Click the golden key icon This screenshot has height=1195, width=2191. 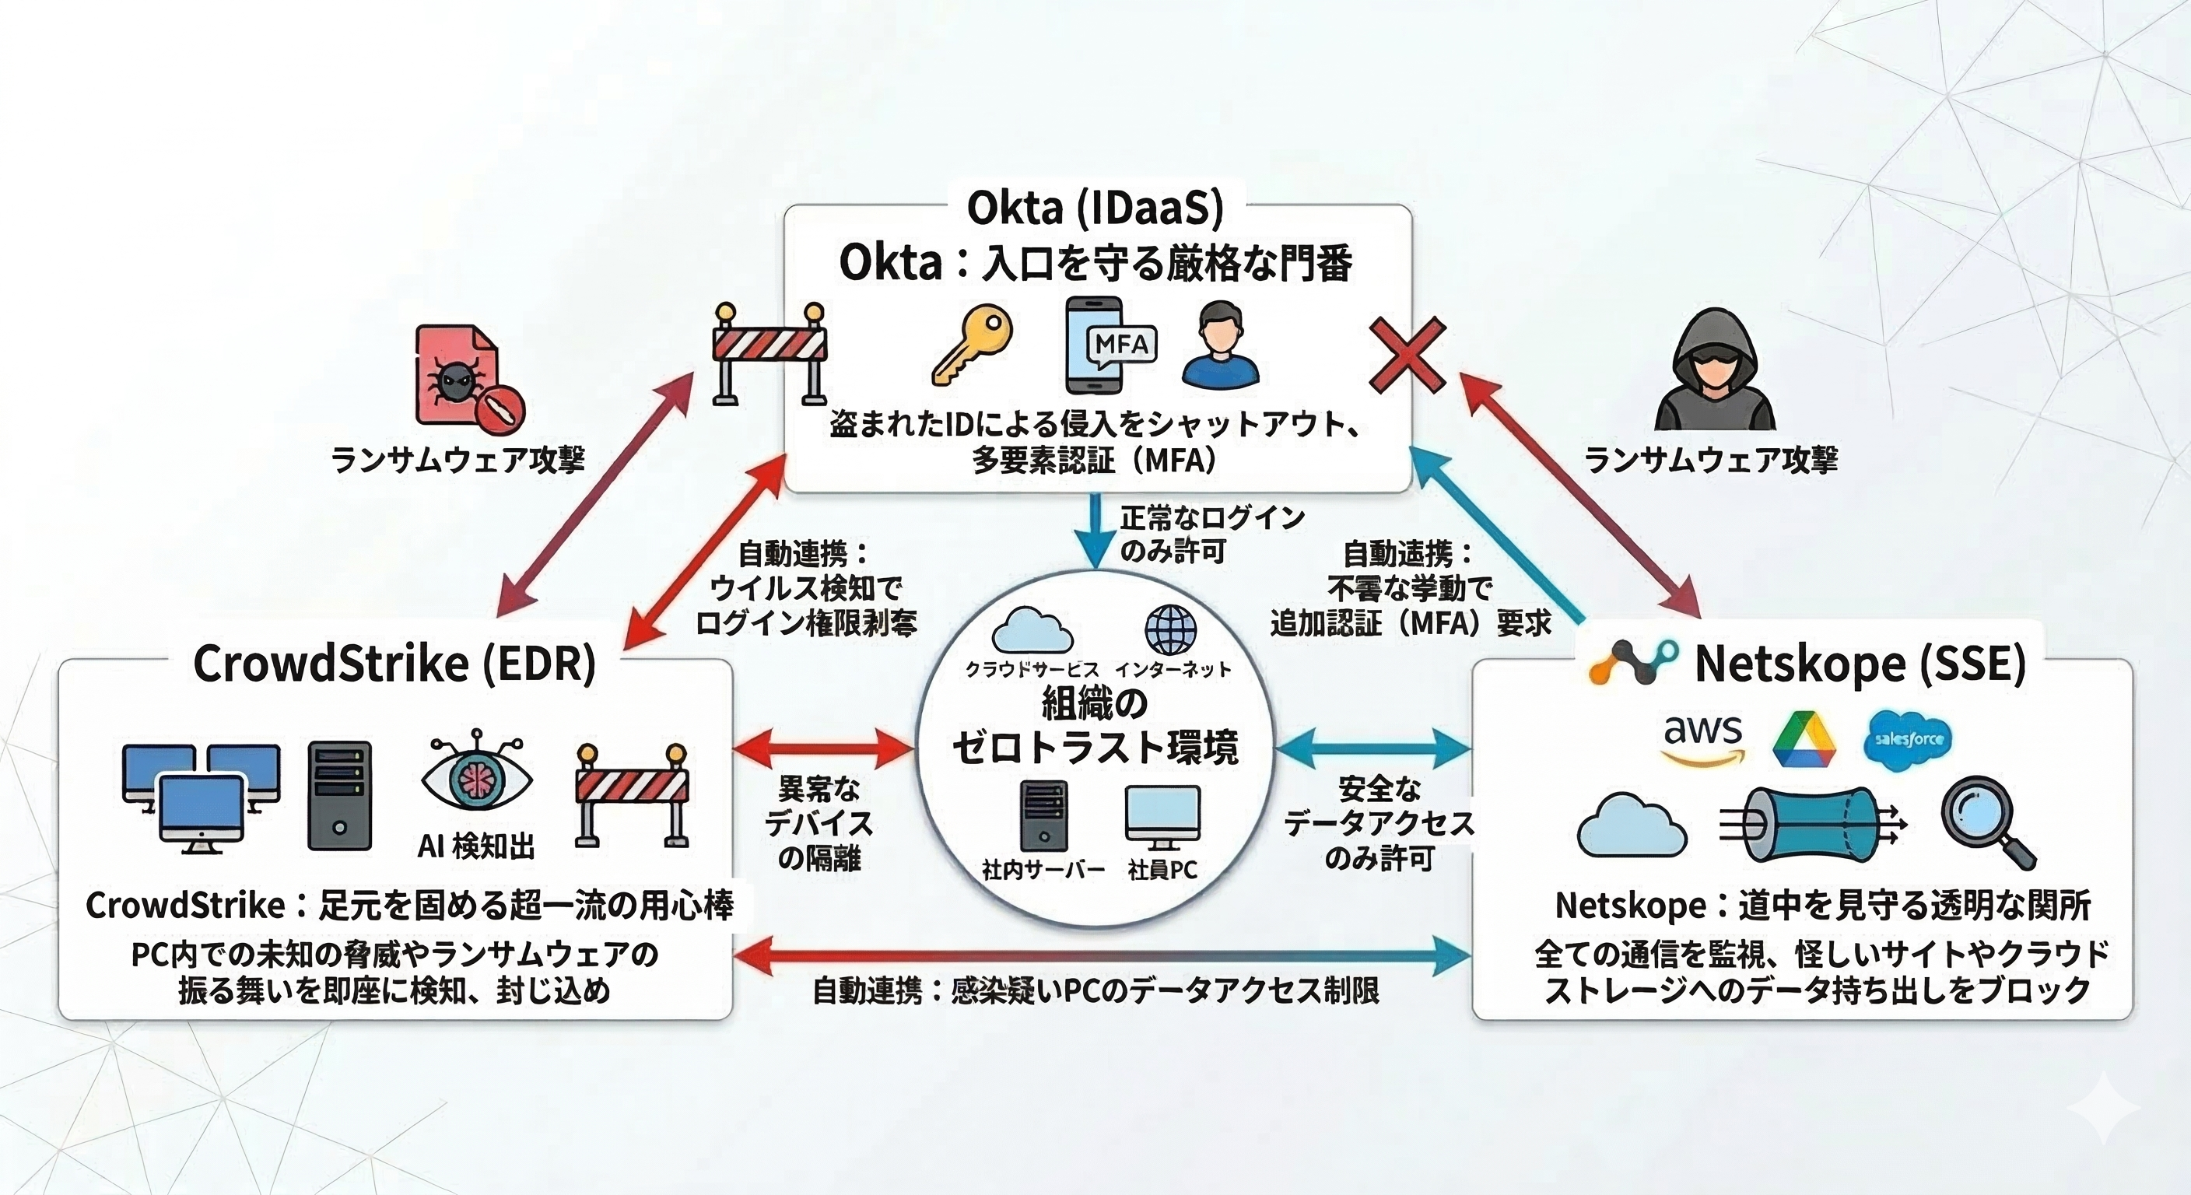971,345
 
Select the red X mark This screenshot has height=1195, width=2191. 1407,355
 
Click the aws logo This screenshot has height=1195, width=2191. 1703,739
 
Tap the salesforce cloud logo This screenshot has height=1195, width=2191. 1907,739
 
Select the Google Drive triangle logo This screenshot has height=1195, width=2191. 1804,741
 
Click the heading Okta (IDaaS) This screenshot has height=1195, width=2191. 1095,208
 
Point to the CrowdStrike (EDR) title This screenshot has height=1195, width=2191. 394,664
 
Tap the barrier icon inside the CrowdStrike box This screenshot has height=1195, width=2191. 631,795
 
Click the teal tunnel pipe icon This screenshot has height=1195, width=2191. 1810,823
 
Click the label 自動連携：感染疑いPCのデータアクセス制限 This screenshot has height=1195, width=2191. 1095,991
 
